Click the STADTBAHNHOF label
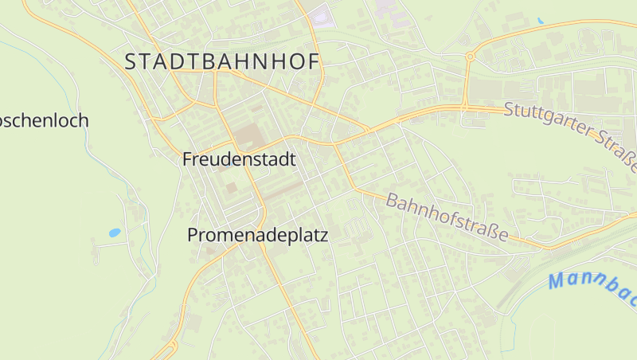tap(222, 62)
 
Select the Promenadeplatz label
tap(257, 236)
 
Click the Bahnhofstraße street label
tap(447, 217)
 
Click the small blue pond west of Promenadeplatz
tap(115, 233)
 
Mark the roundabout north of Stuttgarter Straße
tap(470, 57)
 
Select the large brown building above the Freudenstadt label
tap(248, 136)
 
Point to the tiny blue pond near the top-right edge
tap(541, 20)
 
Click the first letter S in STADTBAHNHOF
tap(131, 62)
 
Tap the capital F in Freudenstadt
tap(188, 159)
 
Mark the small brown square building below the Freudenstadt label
tap(231, 188)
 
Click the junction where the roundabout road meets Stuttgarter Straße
tap(464, 107)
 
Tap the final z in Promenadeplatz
tap(323, 237)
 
